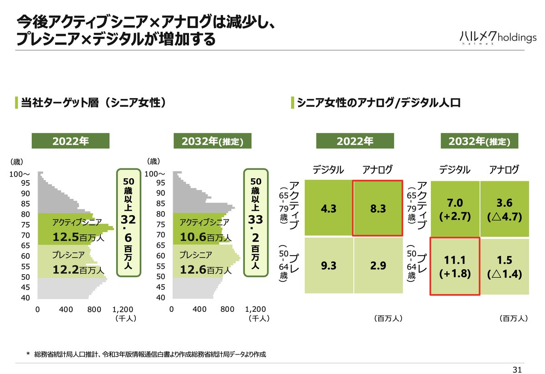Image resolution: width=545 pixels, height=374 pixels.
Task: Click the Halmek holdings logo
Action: pyautogui.click(x=497, y=38)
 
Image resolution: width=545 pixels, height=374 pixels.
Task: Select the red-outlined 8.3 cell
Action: pyautogui.click(x=377, y=208)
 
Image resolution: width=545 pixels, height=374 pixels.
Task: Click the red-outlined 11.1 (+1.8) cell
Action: pyautogui.click(x=455, y=266)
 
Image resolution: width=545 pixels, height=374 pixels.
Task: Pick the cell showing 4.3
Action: pyautogui.click(x=328, y=208)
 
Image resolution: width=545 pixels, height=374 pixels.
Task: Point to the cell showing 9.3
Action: pyautogui.click(x=328, y=266)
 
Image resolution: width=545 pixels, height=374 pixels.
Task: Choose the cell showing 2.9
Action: pyautogui.click(x=377, y=266)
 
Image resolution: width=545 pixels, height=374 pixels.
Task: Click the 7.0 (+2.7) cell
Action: pyautogui.click(x=455, y=208)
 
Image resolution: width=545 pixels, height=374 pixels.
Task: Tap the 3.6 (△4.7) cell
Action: pyautogui.click(x=504, y=208)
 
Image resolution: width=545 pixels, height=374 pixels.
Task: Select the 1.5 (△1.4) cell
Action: pyautogui.click(x=504, y=266)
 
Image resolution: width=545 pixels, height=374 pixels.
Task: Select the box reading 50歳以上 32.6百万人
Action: pyautogui.click(x=129, y=222)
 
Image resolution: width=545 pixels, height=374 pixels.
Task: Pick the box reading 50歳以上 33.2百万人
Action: pyautogui.click(x=256, y=222)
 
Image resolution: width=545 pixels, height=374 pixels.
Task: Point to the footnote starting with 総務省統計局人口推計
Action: pyautogui.click(x=149, y=354)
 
